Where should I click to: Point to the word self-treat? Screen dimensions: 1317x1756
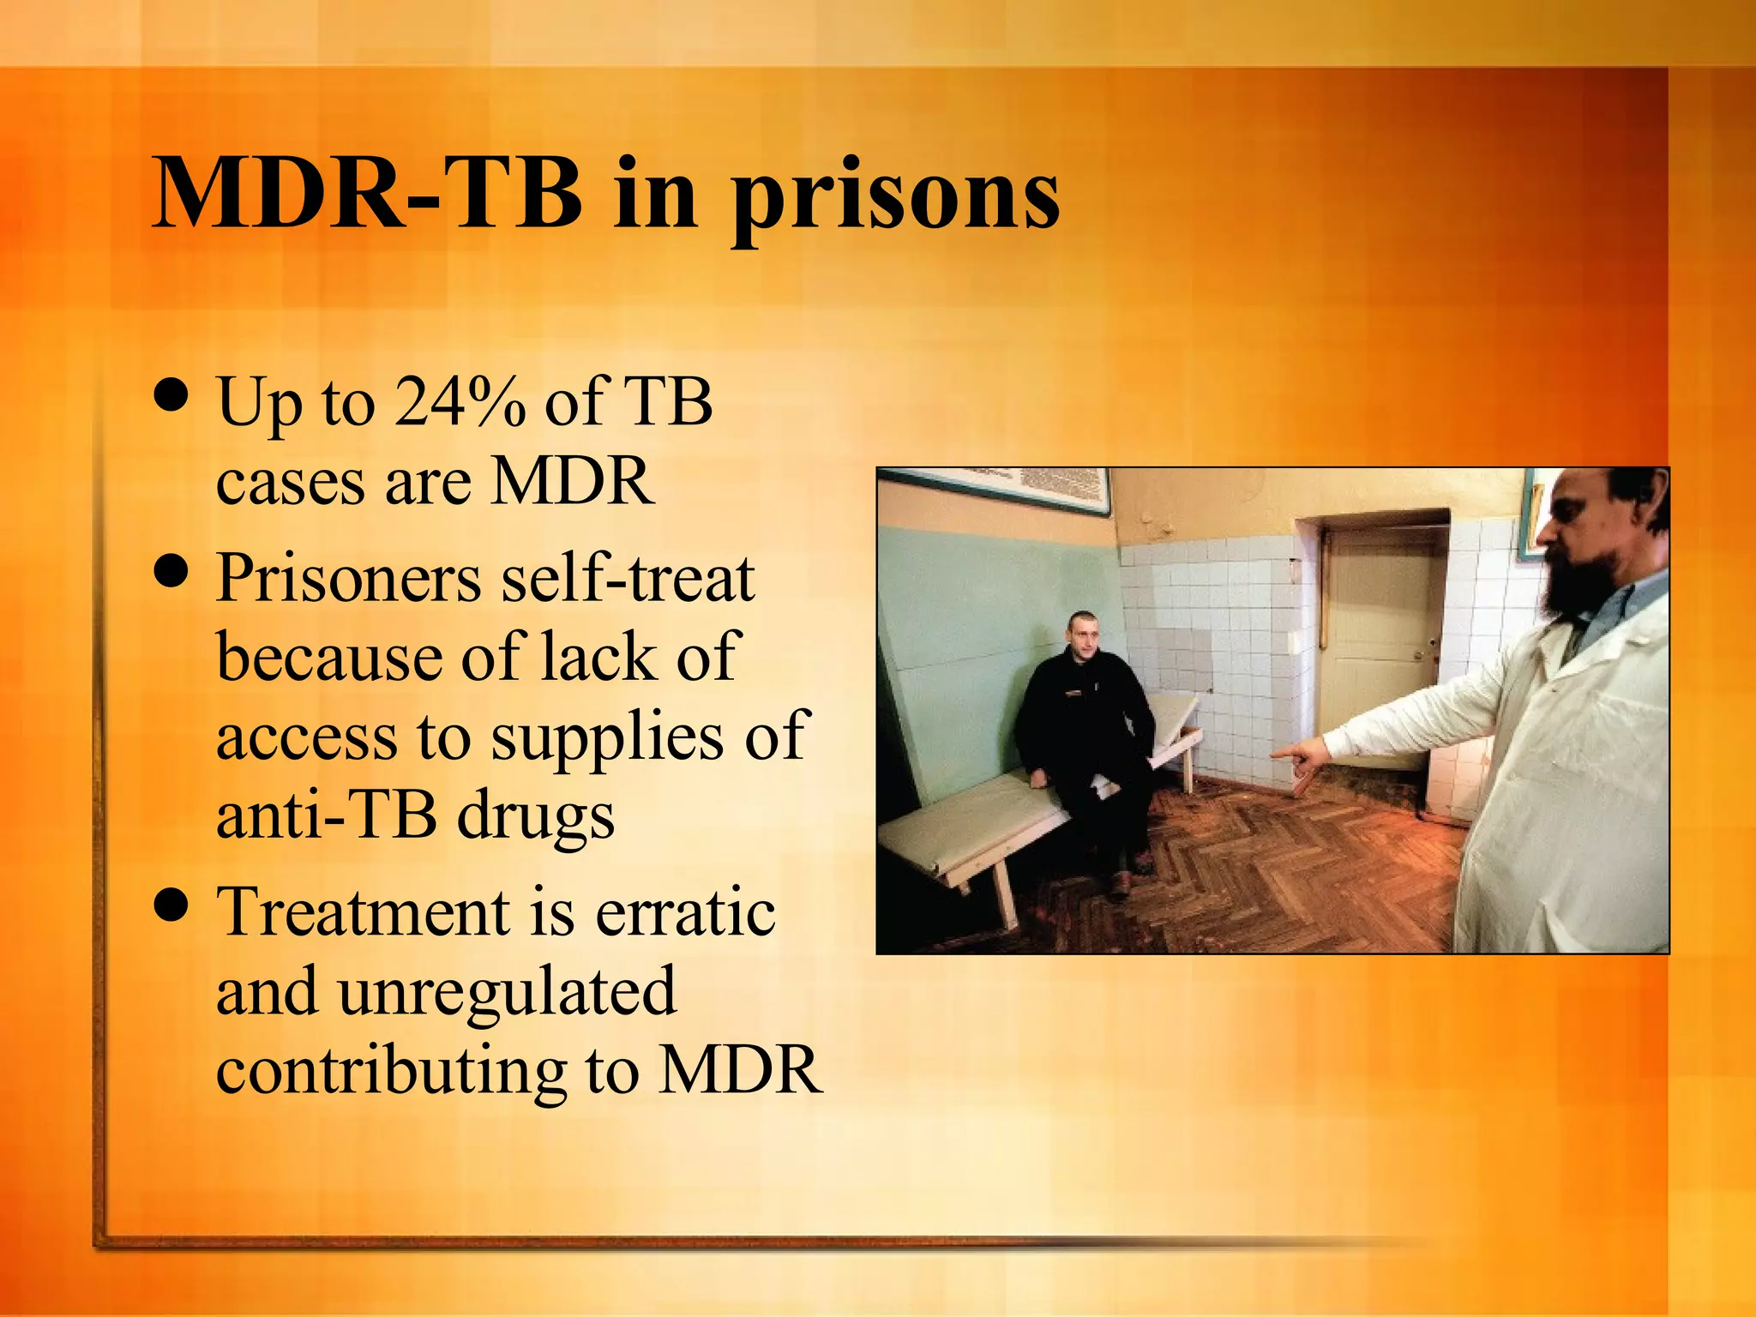tap(628, 578)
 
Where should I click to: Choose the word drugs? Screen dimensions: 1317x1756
tap(536, 816)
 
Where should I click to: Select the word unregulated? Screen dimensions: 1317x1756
tap(506, 991)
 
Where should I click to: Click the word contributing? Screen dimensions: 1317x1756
tap(390, 1071)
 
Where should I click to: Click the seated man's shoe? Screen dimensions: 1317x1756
tap(1119, 883)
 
